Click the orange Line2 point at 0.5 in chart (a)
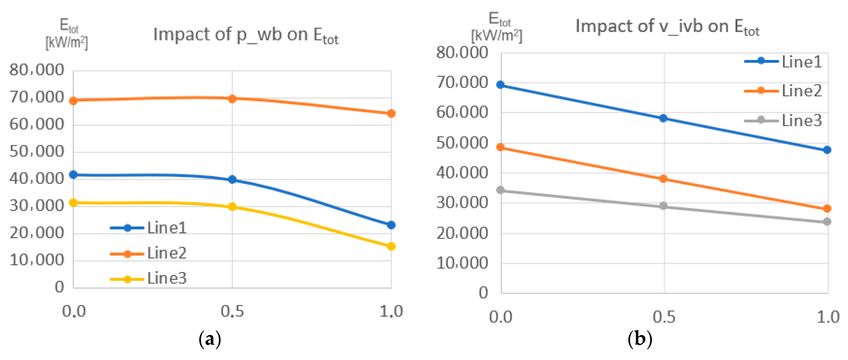[x=232, y=99]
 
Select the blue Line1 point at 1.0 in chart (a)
[x=391, y=225]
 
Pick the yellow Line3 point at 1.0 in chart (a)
[x=391, y=246]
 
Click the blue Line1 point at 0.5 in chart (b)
[x=663, y=118]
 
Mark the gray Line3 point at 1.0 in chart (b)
[x=827, y=222]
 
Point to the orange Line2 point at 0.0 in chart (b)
[x=501, y=147]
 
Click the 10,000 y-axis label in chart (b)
[x=462, y=263]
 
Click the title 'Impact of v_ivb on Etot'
[x=667, y=27]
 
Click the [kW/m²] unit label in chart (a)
[x=67, y=42]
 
